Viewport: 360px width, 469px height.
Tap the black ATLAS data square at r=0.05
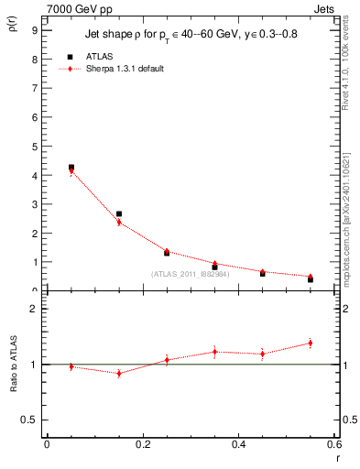(71, 168)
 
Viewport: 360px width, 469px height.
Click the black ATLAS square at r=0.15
(119, 213)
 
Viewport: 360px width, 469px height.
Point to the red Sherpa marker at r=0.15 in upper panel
(119, 222)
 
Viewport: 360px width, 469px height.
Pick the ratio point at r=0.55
(311, 344)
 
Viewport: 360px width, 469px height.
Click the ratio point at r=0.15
(119, 373)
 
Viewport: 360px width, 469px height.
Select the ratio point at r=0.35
(214, 352)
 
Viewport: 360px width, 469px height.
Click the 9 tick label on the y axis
(34, 29)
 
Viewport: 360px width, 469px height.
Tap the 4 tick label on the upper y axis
(34, 175)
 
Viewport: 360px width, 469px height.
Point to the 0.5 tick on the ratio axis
(29, 420)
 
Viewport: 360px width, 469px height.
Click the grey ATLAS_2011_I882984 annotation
(190, 274)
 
